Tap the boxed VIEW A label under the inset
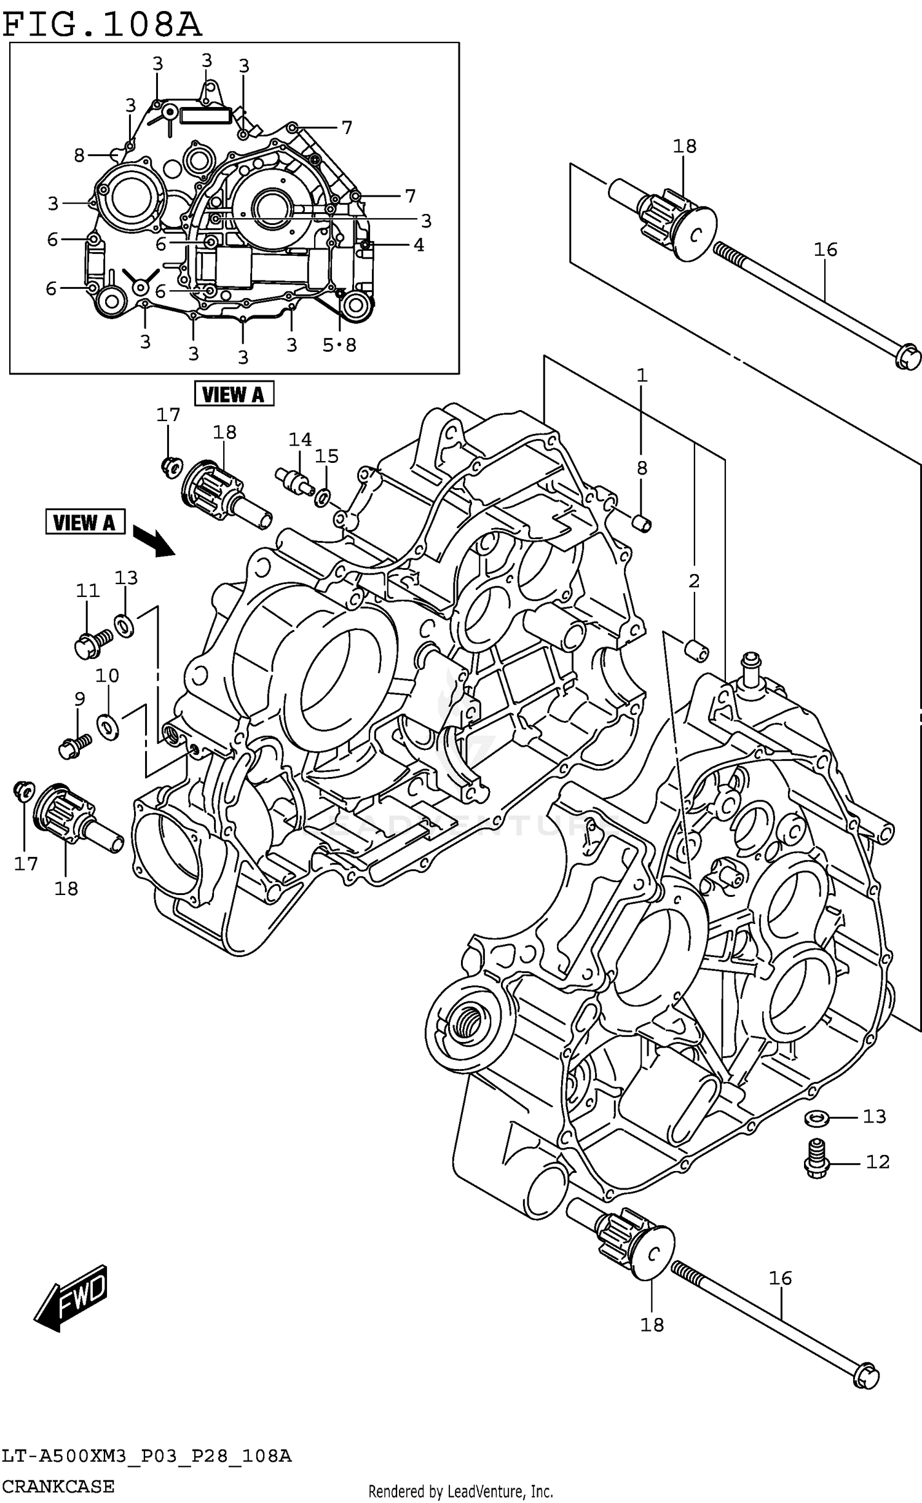click(x=234, y=394)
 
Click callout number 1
click(x=642, y=375)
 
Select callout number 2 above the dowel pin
click(x=694, y=580)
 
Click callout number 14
click(x=300, y=440)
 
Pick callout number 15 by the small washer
click(x=326, y=456)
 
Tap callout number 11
click(x=87, y=591)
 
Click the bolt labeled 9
click(x=74, y=747)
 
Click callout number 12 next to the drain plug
click(x=877, y=1162)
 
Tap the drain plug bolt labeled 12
click(x=817, y=1158)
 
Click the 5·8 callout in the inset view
click(x=339, y=345)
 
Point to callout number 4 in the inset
click(x=419, y=245)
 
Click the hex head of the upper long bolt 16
click(x=907, y=357)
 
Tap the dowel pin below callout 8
click(x=642, y=524)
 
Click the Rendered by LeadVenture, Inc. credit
click(x=460, y=1491)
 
